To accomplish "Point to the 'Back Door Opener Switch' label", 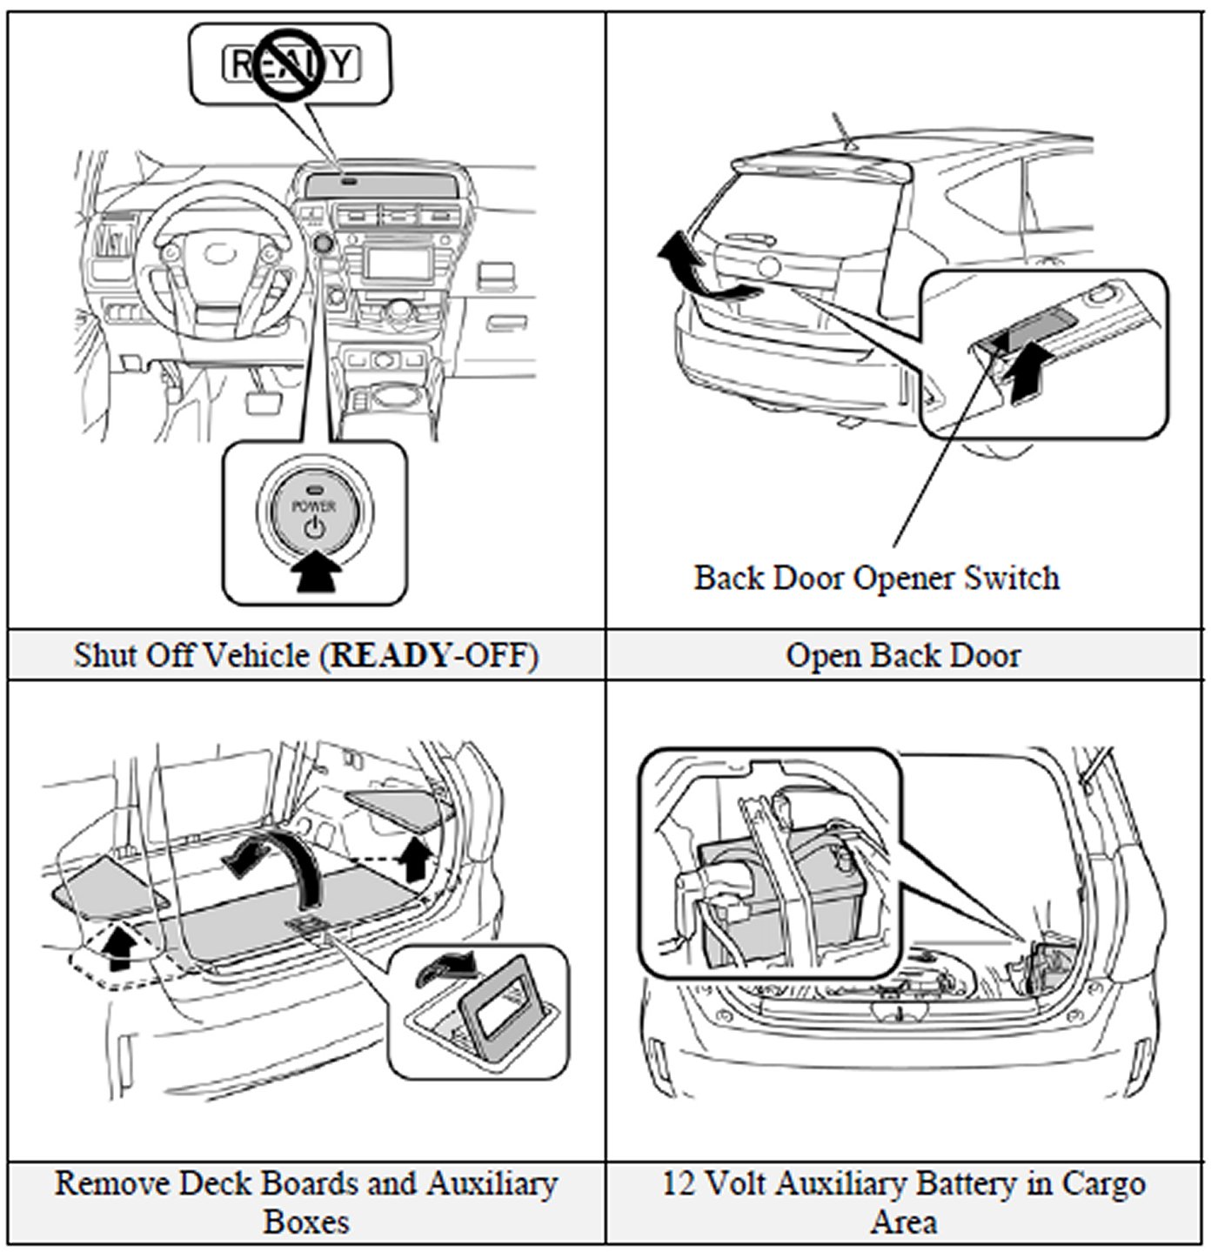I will [876, 578].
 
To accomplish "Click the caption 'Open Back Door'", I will [903, 655].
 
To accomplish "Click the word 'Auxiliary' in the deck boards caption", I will [491, 1184].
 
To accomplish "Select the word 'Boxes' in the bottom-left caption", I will [306, 1222].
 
